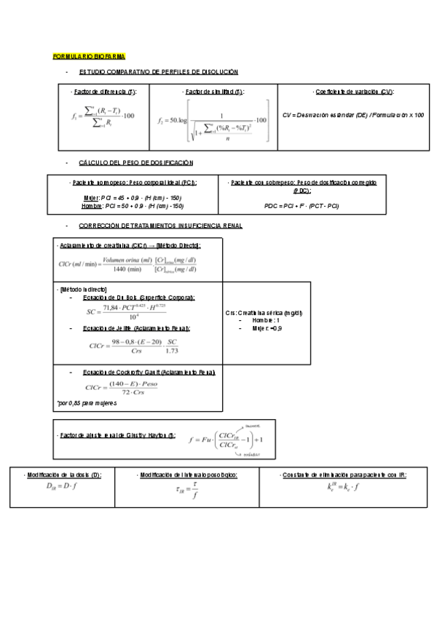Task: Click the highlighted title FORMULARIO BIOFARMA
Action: [90, 55]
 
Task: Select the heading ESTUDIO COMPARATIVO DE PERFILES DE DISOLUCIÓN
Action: [158, 71]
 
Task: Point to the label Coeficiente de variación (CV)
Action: [355, 92]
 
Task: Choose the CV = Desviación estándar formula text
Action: [353, 115]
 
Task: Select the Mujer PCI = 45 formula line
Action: [133, 198]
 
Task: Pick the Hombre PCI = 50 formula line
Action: [133, 206]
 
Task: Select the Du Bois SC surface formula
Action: [141, 311]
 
